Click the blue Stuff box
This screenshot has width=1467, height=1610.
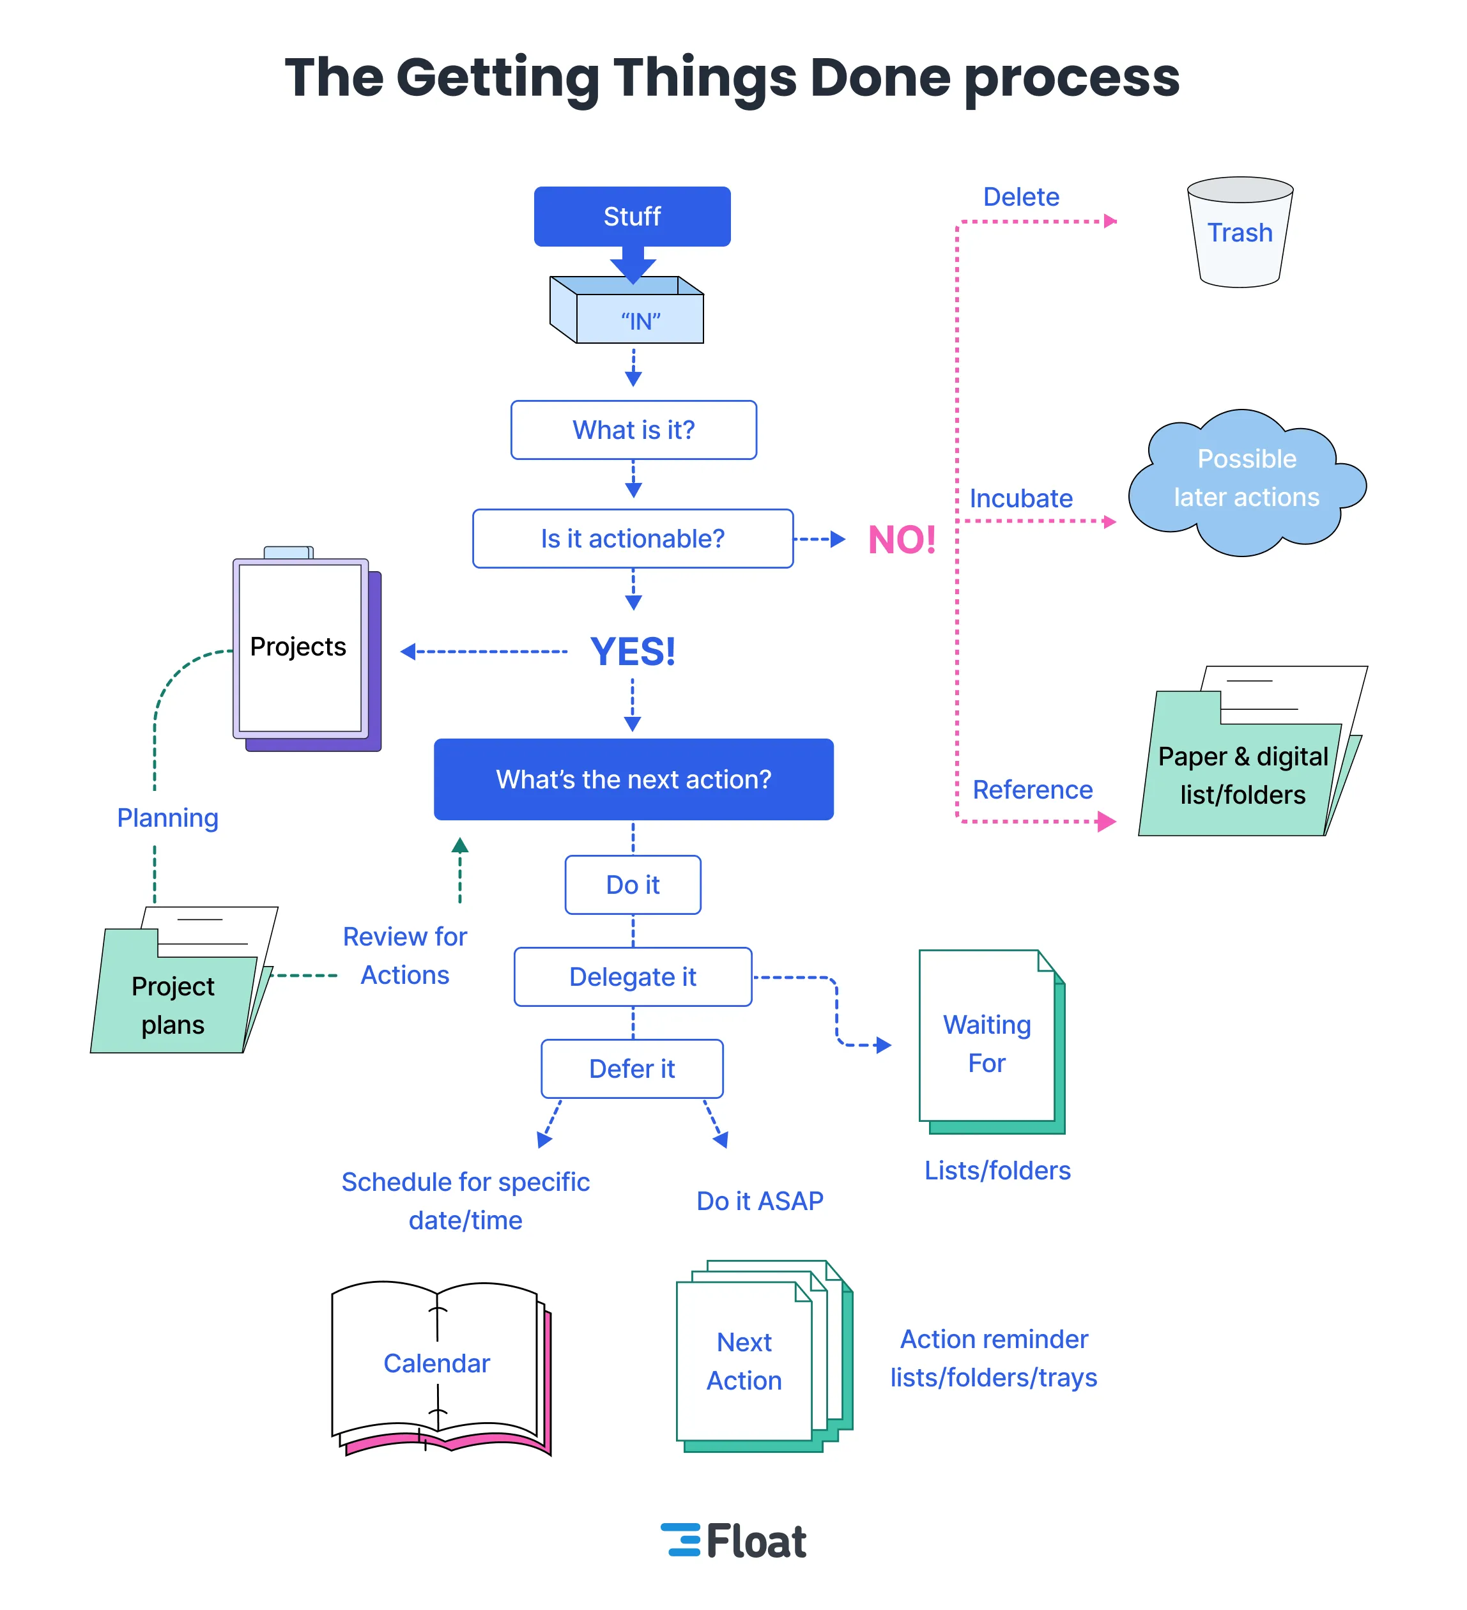pos(632,217)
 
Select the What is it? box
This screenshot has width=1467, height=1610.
pos(633,429)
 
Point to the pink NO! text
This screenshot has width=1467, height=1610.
pos(901,540)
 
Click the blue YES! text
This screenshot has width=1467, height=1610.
pos(633,652)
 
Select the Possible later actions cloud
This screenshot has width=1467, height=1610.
pos(1246,482)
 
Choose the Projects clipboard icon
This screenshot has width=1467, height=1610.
pos(303,648)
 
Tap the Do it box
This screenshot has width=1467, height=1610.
pos(633,885)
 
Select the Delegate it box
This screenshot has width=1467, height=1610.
pos(633,977)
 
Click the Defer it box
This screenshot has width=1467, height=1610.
pos(632,1068)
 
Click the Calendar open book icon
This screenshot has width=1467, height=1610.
pos(438,1366)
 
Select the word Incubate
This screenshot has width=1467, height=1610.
pos(1020,498)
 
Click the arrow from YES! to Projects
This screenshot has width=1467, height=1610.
pos(483,652)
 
